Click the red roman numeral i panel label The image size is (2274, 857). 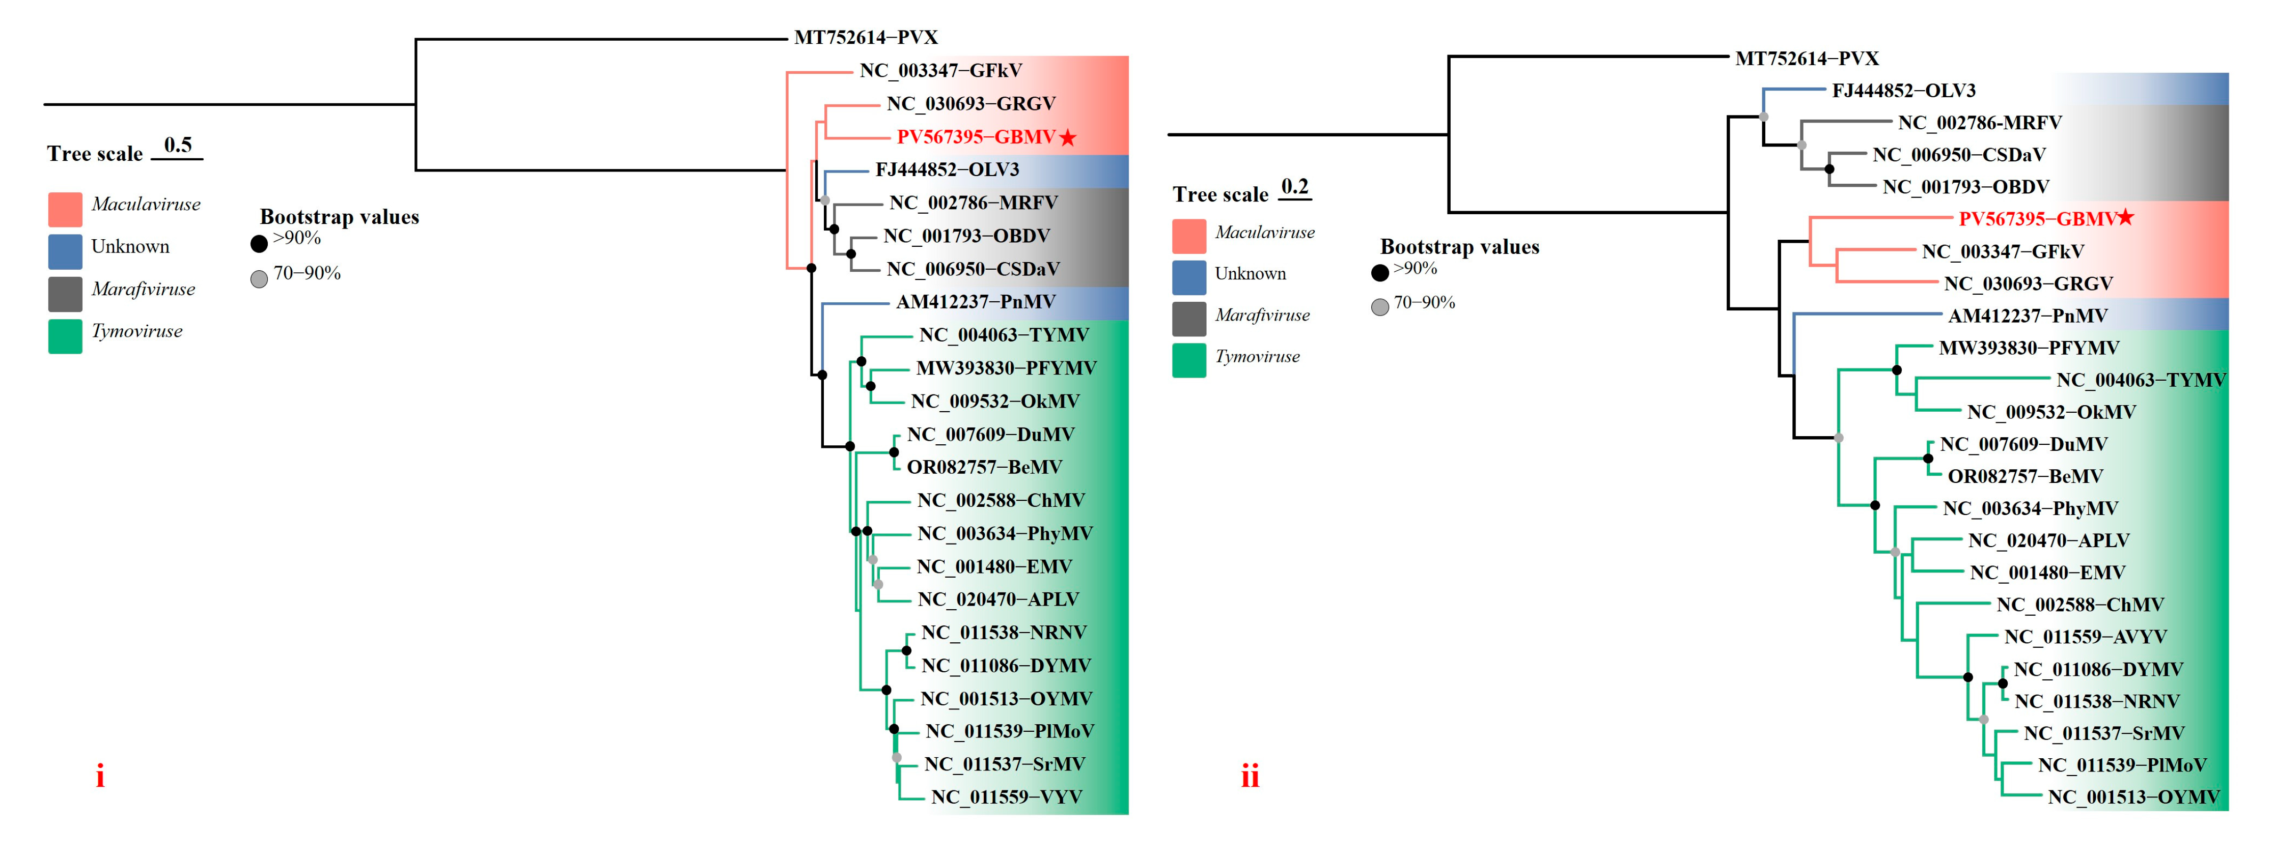pos(100,777)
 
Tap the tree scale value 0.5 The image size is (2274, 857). pos(177,145)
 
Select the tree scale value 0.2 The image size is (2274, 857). pos(1294,186)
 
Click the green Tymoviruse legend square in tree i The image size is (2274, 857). pos(65,336)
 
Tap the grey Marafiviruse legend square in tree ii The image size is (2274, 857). pos(1188,319)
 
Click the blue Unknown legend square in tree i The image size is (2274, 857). pos(65,251)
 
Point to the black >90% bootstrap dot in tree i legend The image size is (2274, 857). pos(259,244)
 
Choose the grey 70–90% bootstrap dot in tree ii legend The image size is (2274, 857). pos(1380,307)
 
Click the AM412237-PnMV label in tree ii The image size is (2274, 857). pos(2027,316)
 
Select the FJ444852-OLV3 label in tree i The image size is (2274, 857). pos(947,169)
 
